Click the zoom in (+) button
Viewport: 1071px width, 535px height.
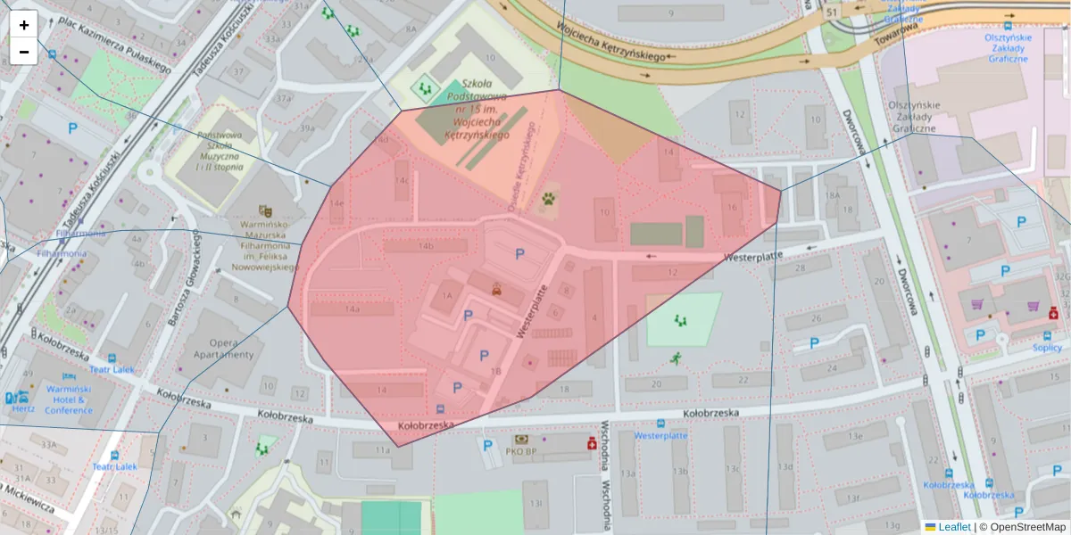[x=24, y=25]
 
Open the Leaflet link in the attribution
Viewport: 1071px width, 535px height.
[x=954, y=527]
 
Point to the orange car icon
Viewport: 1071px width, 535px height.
[x=496, y=289]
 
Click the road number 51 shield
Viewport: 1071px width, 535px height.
[x=833, y=12]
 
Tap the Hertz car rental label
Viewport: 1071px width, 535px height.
[x=23, y=408]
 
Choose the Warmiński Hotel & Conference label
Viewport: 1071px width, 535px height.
[x=69, y=400]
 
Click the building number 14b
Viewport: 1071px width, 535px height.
[x=426, y=246]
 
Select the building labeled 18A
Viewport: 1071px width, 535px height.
[x=833, y=195]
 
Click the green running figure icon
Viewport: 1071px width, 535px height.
[x=676, y=358]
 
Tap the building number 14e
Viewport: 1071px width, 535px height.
[x=336, y=203]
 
